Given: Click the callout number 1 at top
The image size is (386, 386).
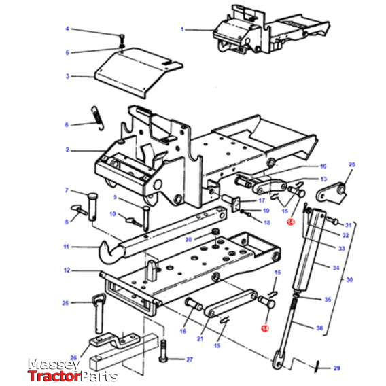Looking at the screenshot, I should [x=182, y=29].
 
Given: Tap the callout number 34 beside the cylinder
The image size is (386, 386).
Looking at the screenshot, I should [x=335, y=267].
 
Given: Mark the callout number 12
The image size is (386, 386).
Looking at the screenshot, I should [x=67, y=270].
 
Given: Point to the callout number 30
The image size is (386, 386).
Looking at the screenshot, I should [x=349, y=280].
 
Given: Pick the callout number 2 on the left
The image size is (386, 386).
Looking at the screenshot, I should [x=67, y=149].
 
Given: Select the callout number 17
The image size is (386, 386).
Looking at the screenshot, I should [x=261, y=201].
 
